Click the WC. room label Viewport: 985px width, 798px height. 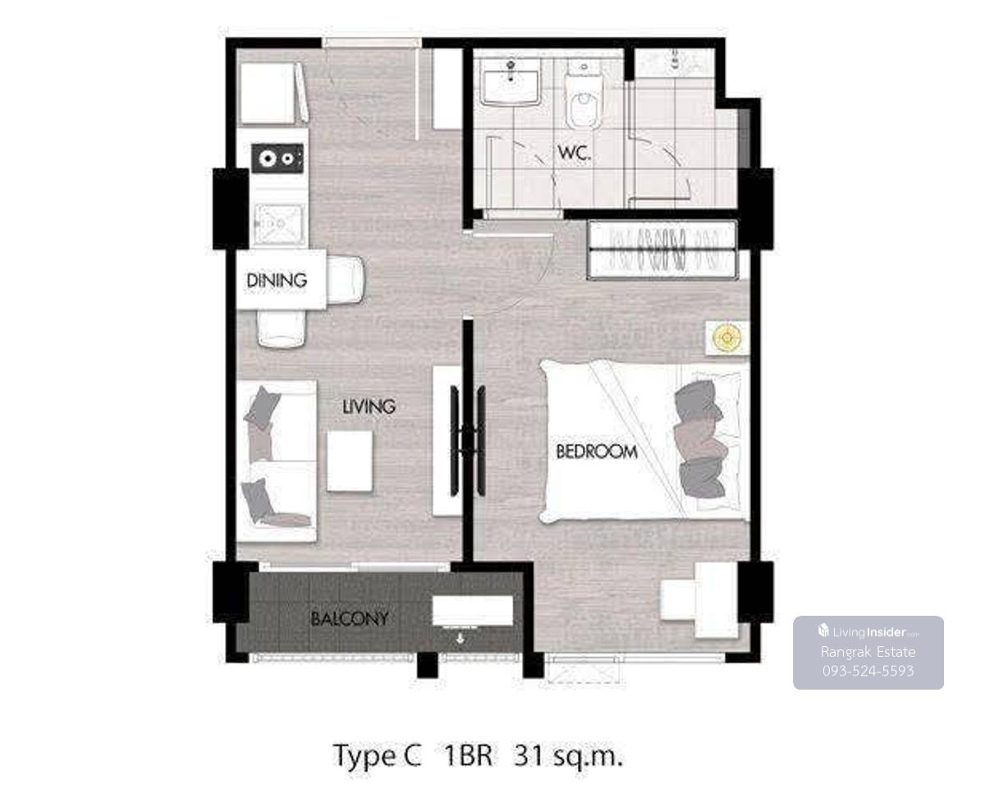pos(574,153)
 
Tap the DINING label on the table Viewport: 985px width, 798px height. pos(277,280)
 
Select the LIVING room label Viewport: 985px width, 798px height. pos(369,406)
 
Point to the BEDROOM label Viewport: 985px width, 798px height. pos(597,452)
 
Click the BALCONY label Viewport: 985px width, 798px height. pos(349,619)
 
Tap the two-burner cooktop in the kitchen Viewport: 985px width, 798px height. pos(277,158)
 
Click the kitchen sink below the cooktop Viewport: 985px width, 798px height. pos(280,224)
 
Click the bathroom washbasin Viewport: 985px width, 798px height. pos(510,82)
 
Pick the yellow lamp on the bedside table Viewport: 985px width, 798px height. pos(727,337)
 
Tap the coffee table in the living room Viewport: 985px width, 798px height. pos(350,461)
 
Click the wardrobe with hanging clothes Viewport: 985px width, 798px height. pos(662,250)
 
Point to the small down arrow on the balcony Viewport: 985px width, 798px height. pos(460,640)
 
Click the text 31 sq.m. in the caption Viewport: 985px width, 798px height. pos(568,756)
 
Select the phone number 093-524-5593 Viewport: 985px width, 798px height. pos(868,671)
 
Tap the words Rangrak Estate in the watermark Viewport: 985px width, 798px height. pos(868,652)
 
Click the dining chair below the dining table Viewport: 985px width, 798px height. pos(282,328)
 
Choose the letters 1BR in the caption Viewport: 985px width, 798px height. pos(468,755)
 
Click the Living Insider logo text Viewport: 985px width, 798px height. pos(868,631)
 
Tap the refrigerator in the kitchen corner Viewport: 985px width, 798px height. pos(273,94)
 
